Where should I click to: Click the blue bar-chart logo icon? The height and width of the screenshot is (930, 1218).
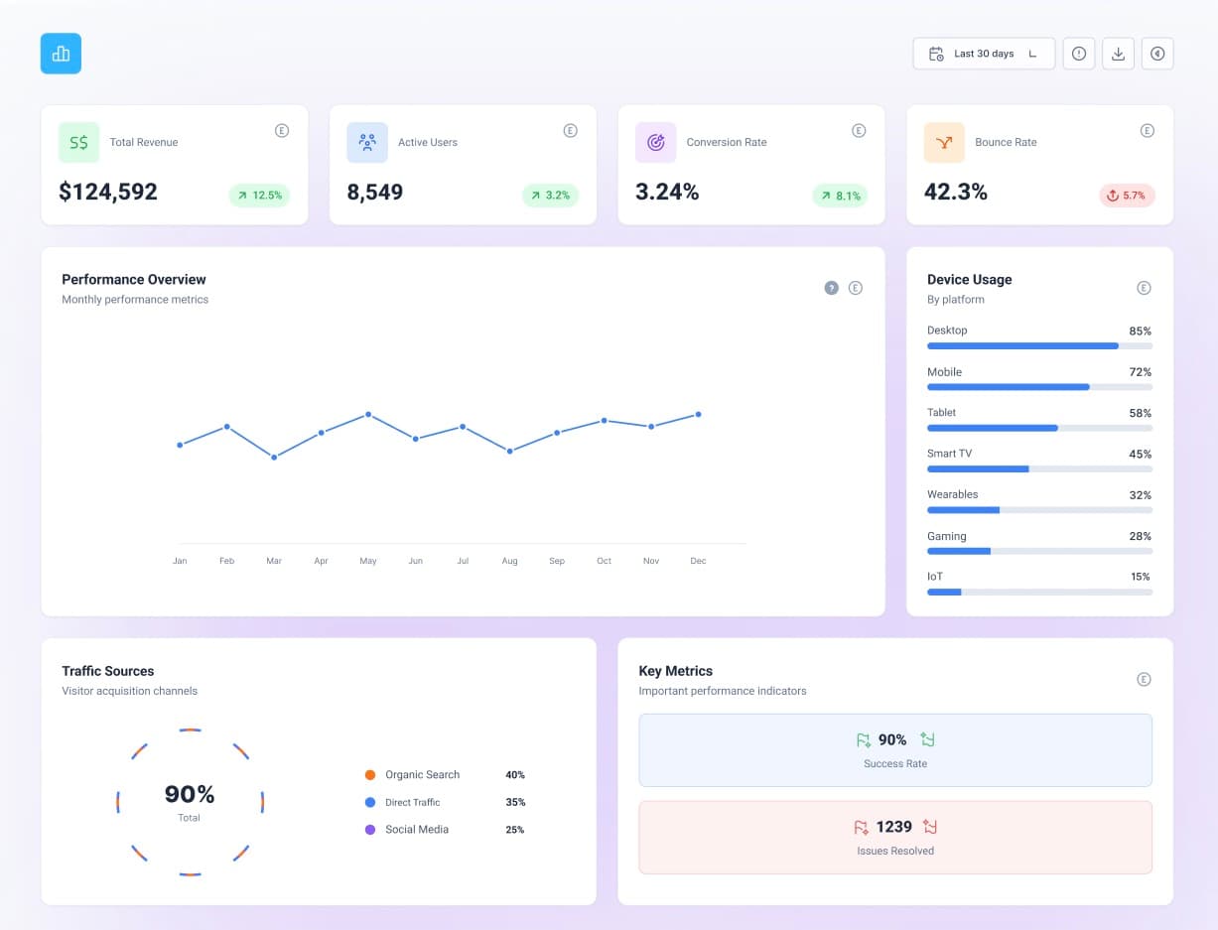(61, 54)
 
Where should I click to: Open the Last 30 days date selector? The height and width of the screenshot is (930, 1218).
(983, 54)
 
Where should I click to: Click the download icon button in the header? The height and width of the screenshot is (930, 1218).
(1118, 54)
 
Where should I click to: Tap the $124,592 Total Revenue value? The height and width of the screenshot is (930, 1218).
(108, 192)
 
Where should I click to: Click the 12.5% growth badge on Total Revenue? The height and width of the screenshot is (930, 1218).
(257, 196)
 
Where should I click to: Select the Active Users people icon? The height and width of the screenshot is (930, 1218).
(367, 143)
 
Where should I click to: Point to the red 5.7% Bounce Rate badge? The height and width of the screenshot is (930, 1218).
(1127, 196)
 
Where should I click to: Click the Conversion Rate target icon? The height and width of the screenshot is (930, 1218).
(655, 143)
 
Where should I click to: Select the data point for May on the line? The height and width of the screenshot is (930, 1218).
(368, 414)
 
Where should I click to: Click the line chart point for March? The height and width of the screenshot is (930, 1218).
(274, 457)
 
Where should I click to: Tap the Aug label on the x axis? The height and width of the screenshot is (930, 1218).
(509, 561)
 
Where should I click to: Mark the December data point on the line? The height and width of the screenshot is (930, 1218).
(698, 414)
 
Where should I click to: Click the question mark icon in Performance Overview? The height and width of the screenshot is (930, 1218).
(832, 288)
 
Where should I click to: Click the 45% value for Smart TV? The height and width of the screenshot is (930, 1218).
(1140, 455)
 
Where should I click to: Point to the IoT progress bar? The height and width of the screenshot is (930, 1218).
(1039, 592)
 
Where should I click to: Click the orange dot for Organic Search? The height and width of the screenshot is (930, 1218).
(370, 775)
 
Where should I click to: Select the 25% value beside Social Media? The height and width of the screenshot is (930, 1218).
(514, 830)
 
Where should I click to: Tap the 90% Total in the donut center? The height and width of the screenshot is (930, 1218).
(190, 794)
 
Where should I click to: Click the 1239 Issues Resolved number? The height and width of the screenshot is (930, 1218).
(894, 827)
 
